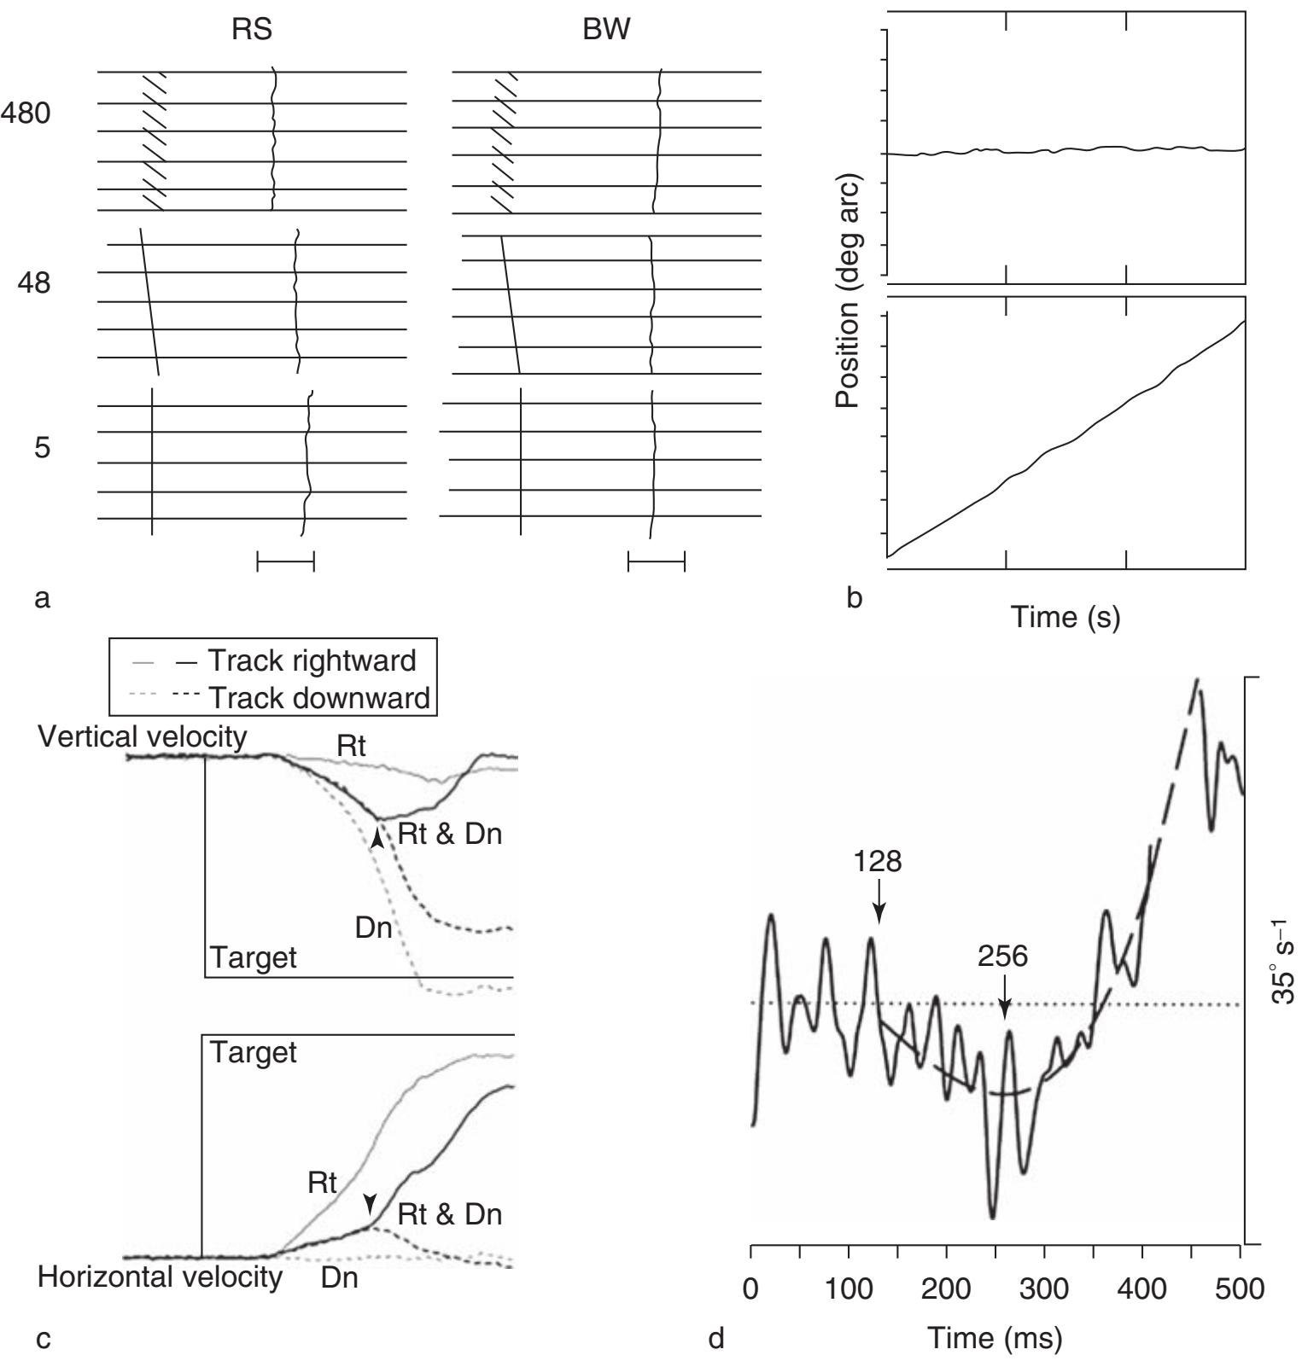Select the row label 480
[26, 113]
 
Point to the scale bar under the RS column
[286, 561]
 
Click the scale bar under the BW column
[657, 561]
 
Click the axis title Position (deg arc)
[849, 291]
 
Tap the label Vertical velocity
[143, 737]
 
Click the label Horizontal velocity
[161, 1277]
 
